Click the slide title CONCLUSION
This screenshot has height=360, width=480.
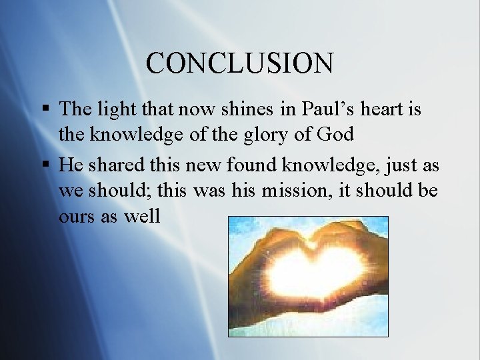[239, 63]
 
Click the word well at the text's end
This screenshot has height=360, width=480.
[141, 217]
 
